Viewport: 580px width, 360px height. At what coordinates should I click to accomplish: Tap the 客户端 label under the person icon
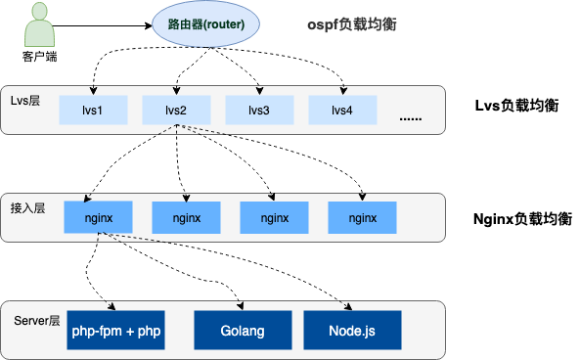[39, 56]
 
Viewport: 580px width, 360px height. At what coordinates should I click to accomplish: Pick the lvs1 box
[93, 110]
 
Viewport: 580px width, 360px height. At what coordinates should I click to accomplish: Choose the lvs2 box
[176, 110]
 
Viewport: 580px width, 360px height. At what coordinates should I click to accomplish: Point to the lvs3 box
[259, 110]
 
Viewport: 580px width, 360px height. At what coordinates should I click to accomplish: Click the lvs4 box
[342, 110]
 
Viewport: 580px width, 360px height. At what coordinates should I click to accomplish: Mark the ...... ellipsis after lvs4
[411, 118]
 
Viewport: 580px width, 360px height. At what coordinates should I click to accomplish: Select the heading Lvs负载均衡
[516, 106]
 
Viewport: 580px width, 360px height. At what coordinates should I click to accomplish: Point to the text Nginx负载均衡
[521, 217]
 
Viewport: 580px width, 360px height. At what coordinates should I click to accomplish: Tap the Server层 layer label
[37, 321]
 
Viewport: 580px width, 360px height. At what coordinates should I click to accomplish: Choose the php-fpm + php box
[115, 331]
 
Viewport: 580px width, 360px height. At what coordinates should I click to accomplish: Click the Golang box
[243, 331]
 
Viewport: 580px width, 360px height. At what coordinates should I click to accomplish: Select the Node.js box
[353, 331]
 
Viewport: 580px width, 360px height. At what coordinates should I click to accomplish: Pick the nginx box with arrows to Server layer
[98, 218]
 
